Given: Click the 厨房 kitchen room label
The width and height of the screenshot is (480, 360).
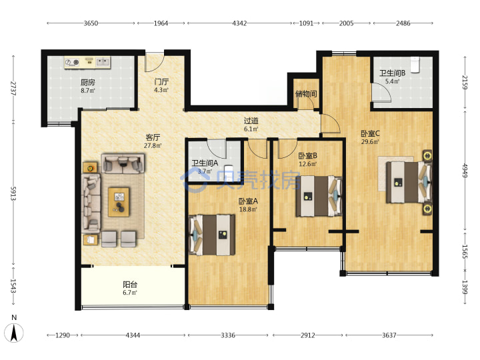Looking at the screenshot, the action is pos(88,82).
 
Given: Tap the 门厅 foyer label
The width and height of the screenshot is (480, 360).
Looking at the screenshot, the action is pos(161,82).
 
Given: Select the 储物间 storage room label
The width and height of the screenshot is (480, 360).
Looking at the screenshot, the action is pos(306,94).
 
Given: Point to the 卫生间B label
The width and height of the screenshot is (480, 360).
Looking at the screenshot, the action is pos(393,73).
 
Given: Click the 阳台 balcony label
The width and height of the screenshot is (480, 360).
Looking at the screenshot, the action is pos(130,285).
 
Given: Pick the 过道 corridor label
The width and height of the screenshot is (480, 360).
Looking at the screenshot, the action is pos(251,121).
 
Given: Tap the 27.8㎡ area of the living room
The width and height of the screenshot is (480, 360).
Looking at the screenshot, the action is pos(153,146).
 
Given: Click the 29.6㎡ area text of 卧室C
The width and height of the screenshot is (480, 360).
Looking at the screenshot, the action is pos(370,142).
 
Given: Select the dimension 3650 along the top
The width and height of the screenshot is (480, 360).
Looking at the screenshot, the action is pos(91,23).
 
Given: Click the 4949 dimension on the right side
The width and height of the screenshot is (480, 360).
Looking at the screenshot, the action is pos(465,171).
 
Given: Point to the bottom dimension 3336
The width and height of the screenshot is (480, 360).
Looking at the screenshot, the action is pos(228,335).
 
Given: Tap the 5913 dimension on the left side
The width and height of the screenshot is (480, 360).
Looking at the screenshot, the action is pos(13,193).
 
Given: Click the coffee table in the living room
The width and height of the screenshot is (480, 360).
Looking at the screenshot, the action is pos(119,203).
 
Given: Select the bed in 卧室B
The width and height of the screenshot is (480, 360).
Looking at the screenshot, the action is pos(319,196).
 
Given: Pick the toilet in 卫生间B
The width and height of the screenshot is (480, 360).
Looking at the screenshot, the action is pos(415,65).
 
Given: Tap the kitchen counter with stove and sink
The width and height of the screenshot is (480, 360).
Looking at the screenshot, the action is pos(87,63).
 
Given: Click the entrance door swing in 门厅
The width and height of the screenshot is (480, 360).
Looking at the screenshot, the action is pos(155,63).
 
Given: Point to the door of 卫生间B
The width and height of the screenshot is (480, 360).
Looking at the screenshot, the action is pos(381,93).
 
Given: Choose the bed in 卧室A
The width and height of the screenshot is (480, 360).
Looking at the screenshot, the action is pos(212,235).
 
